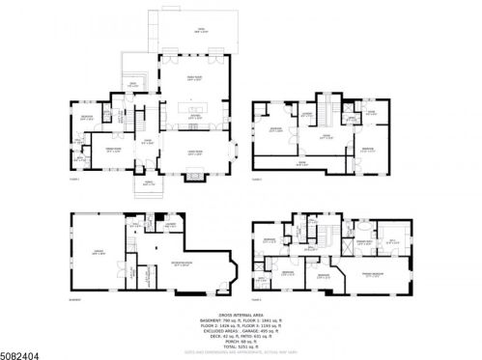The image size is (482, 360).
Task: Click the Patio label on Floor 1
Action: (202, 30)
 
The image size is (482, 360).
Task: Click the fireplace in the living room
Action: (194, 178)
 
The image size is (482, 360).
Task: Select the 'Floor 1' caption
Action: (73, 180)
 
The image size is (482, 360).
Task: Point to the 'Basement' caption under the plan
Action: (73, 299)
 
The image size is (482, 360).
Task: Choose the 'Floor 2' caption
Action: (257, 180)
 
